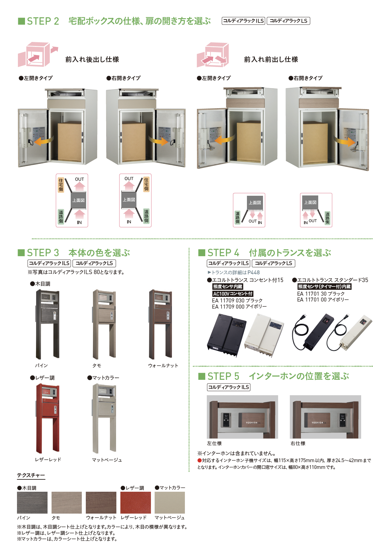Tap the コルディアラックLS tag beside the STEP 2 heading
pos(288,21)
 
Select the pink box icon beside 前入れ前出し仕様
pos(213,55)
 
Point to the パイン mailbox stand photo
pos(47,324)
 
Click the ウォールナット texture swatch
pos(101,503)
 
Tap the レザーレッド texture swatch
pos(136,503)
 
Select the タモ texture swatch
pos(67,503)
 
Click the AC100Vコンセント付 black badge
pos(233,294)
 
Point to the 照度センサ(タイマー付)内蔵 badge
pos(324,287)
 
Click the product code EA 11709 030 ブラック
pos(237,301)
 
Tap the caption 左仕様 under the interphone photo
pos(214,443)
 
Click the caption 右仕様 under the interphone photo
pos(298,443)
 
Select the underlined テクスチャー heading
pos(31,475)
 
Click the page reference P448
pos(253,273)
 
